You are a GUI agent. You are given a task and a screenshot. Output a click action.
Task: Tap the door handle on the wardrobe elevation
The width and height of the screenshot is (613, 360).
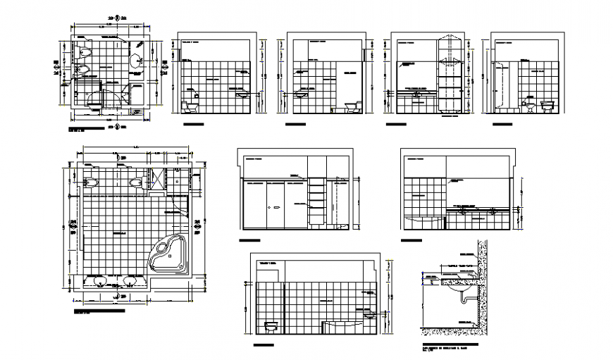275,206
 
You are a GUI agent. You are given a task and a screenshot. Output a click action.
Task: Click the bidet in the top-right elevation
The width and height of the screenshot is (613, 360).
528,106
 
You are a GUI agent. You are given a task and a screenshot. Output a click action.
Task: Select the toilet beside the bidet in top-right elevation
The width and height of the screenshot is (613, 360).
547,106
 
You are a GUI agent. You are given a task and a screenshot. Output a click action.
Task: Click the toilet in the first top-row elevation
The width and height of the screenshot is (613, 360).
190,106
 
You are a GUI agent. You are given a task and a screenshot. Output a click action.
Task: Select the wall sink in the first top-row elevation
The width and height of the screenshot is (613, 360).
242,93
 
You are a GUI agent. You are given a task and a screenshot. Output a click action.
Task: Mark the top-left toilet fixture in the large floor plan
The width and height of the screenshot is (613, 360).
92,182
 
